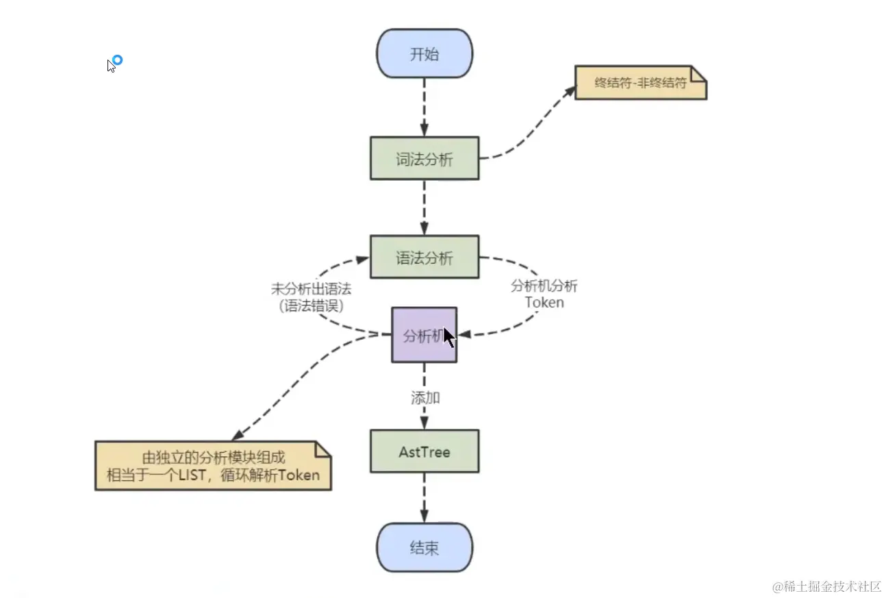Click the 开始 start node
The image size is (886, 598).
424,54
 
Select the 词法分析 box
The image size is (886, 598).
424,159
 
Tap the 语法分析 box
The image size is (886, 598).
424,257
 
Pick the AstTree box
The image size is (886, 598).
424,451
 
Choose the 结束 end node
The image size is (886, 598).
424,548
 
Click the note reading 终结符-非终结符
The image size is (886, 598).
640,83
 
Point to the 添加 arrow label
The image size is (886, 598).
424,398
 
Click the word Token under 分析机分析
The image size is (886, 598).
544,302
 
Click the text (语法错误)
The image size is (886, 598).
311,306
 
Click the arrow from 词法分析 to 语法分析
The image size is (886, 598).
424,207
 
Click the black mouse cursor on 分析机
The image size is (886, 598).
448,337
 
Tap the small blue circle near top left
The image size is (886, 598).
117,60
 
